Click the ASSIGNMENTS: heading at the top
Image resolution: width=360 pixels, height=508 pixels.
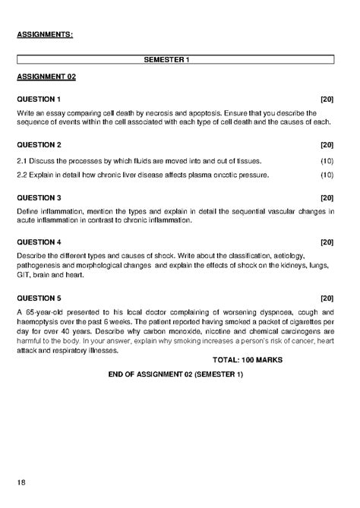(45, 34)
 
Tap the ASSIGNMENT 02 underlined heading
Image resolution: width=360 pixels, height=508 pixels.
(46, 77)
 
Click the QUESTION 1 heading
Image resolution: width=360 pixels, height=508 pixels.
(39, 99)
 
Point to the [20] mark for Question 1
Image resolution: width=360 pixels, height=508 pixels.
(327, 99)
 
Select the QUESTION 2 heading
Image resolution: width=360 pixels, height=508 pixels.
(39, 144)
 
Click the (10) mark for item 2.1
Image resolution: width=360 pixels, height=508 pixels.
(327, 161)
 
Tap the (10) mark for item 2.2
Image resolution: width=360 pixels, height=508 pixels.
(327, 175)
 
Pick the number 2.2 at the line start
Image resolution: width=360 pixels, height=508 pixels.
(22, 175)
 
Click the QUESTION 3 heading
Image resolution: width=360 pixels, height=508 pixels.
(39, 197)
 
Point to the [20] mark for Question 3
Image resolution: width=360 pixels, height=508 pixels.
(327, 197)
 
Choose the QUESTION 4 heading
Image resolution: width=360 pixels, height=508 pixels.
(39, 242)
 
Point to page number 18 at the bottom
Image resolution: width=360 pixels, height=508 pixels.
(21, 483)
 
